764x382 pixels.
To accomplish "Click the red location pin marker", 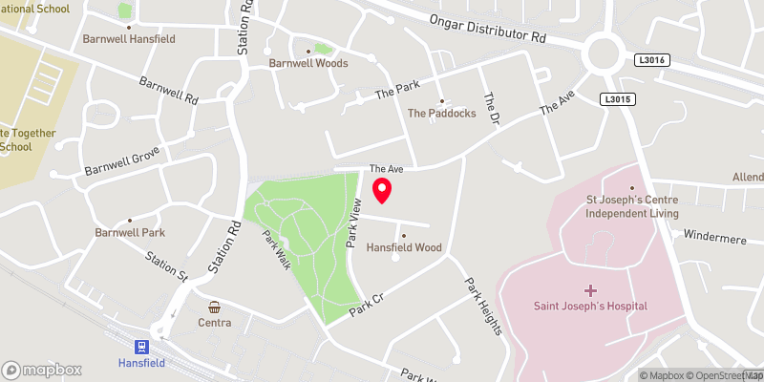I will tap(382, 190).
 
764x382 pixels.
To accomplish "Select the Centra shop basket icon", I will tap(216, 308).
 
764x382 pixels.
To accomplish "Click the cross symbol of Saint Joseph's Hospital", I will tap(590, 288).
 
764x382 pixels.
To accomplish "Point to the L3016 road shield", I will tap(648, 60).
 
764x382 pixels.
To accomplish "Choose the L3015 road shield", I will tap(615, 99).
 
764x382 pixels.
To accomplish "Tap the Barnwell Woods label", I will tap(308, 63).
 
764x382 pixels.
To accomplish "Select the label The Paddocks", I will tap(441, 113).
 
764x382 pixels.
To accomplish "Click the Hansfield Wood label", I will tap(404, 247).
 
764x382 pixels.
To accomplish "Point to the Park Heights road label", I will tap(483, 306).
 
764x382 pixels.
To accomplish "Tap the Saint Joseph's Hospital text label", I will tap(590, 306).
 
